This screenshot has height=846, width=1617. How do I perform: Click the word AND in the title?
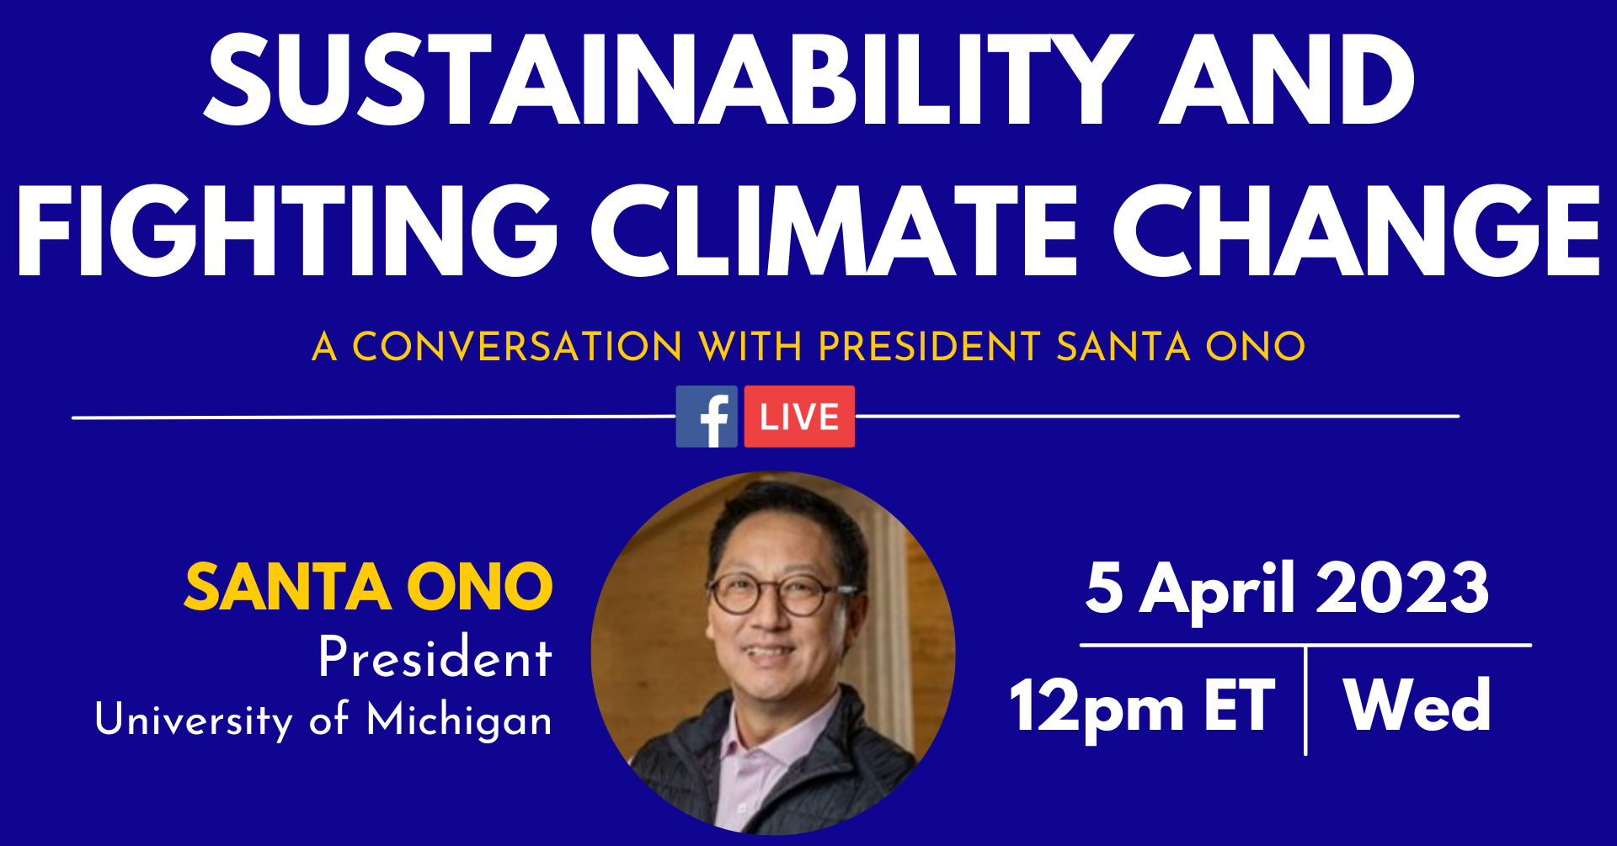[1287, 81]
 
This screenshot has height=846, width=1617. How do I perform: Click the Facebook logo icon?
[707, 417]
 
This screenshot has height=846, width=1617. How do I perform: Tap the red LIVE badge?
[799, 417]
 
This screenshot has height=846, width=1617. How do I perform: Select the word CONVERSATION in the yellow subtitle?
[517, 346]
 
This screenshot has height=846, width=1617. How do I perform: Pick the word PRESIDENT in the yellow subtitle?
[930, 346]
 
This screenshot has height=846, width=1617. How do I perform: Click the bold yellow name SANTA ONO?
[369, 587]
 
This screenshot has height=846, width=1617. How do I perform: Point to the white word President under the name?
[435, 657]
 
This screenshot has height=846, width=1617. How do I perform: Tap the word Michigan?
[460, 721]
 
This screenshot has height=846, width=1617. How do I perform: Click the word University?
[195, 720]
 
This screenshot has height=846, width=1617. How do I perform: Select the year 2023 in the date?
[1403, 588]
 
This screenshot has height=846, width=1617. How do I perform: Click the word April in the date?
[1217, 591]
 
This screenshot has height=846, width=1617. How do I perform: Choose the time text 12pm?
[1097, 707]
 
